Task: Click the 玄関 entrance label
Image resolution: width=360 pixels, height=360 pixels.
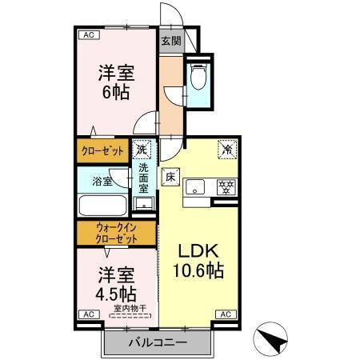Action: point(170,40)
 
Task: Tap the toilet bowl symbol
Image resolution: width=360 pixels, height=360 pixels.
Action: point(200,77)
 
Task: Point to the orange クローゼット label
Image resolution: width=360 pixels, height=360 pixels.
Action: point(102,150)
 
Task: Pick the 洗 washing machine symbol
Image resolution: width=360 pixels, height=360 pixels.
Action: point(142,149)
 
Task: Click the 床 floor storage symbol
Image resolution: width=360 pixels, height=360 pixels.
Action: point(170,178)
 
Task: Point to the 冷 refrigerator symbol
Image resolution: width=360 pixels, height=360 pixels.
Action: point(227,149)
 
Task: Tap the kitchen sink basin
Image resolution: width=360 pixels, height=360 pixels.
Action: point(195,190)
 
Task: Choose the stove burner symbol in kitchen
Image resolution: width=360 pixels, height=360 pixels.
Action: point(226,189)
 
